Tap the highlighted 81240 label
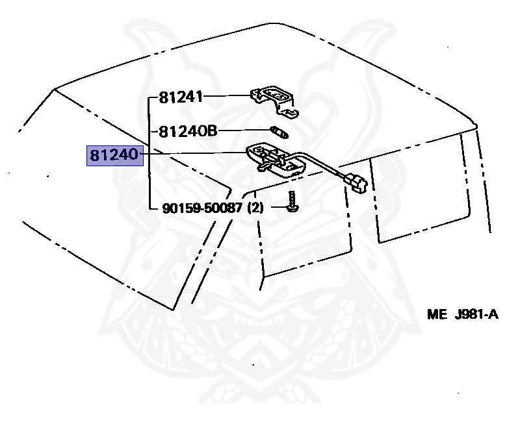115,156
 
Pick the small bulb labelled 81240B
280,133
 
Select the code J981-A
476,316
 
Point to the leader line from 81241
227,97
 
